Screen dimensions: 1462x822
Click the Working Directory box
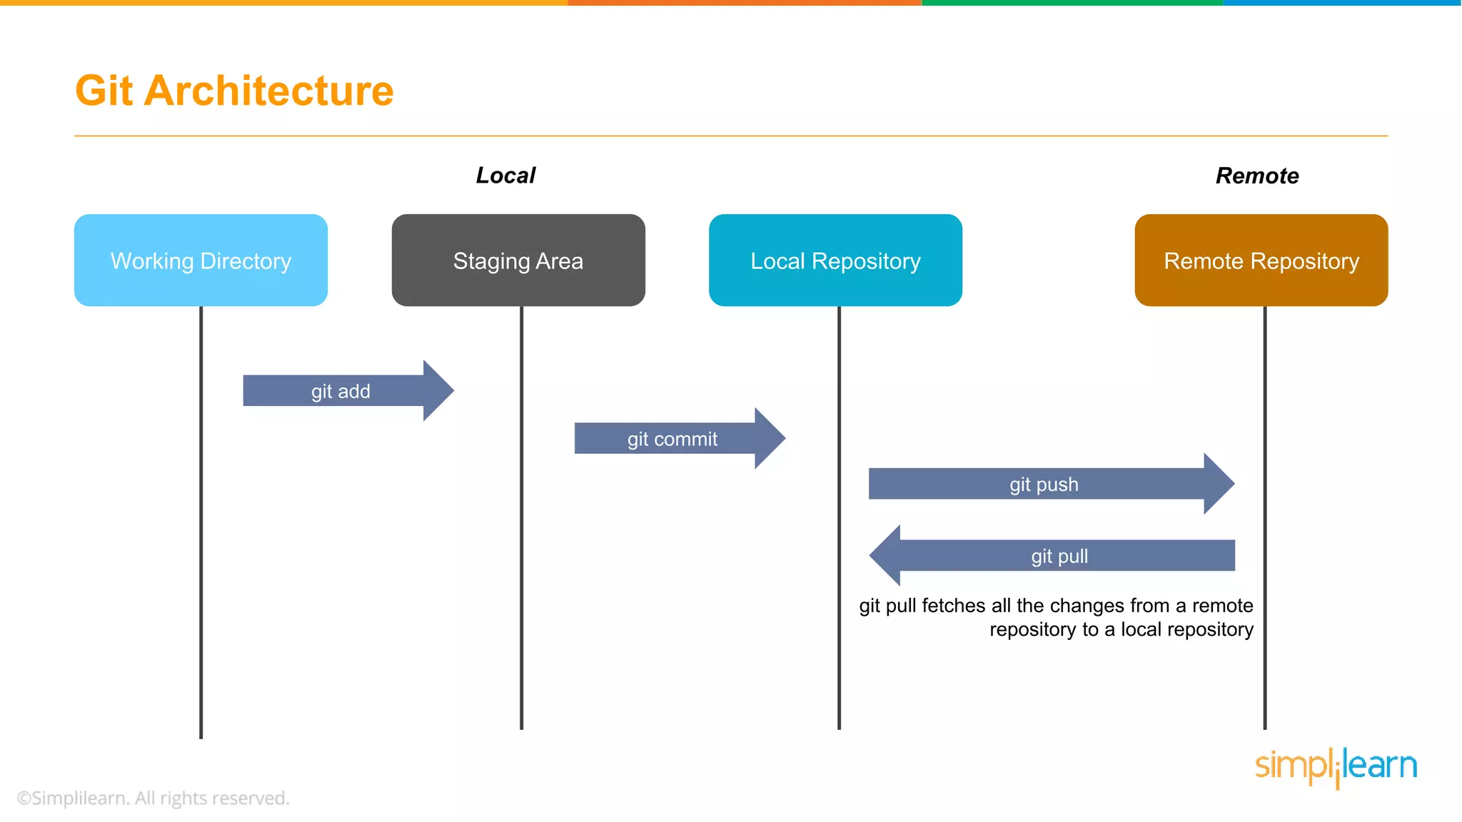point(201,260)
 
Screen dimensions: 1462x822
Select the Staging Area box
point(518,260)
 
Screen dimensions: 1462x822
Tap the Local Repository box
point(835,260)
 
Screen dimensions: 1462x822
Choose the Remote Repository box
point(1261,260)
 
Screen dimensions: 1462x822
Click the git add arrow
point(348,390)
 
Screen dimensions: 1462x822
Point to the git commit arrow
point(680,438)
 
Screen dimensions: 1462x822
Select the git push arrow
point(1052,484)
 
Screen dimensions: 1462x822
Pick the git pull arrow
point(1052,555)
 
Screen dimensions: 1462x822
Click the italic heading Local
point(505,176)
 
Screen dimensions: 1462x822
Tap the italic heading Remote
point(1257,176)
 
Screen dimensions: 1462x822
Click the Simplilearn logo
point(1336,767)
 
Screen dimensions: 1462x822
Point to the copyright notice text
point(153,798)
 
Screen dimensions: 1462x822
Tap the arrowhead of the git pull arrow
point(885,555)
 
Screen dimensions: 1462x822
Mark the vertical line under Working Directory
point(201,522)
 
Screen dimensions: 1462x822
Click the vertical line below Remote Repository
point(1265,518)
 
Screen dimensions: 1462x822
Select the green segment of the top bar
point(1072,3)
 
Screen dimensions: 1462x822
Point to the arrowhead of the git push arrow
point(1219,484)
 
